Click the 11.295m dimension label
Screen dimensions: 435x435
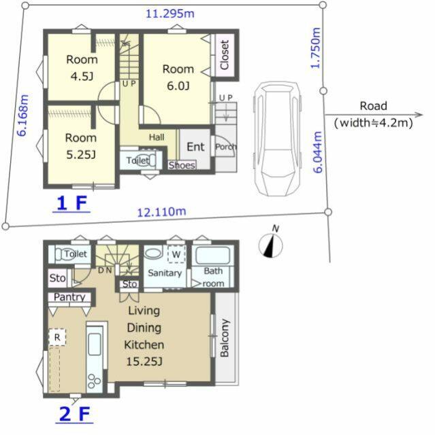tap(170, 14)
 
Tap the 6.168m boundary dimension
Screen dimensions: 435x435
tap(23, 115)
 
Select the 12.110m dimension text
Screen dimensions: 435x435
tap(161, 212)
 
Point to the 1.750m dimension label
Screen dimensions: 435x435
tap(316, 48)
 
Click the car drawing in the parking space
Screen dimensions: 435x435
tap(277, 139)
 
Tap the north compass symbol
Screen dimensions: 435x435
tap(270, 245)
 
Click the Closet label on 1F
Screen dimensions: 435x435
tap(225, 55)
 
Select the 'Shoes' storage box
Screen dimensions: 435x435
tap(182, 165)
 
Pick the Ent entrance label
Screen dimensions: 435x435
tap(195, 147)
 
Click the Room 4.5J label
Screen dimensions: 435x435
tap(82, 68)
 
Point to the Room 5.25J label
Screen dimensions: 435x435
tap(81, 146)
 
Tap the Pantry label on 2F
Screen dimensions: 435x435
tap(69, 297)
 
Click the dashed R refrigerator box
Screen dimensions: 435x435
tap(57, 337)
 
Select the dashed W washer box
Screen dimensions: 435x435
tap(176, 254)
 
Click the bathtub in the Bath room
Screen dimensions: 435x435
tap(213, 256)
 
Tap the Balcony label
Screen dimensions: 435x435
tap(225, 338)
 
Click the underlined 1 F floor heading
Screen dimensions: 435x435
tap(71, 203)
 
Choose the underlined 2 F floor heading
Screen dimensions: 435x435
tap(74, 414)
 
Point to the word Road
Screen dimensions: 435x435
tap(373, 106)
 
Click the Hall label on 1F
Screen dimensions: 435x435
tap(157, 137)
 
